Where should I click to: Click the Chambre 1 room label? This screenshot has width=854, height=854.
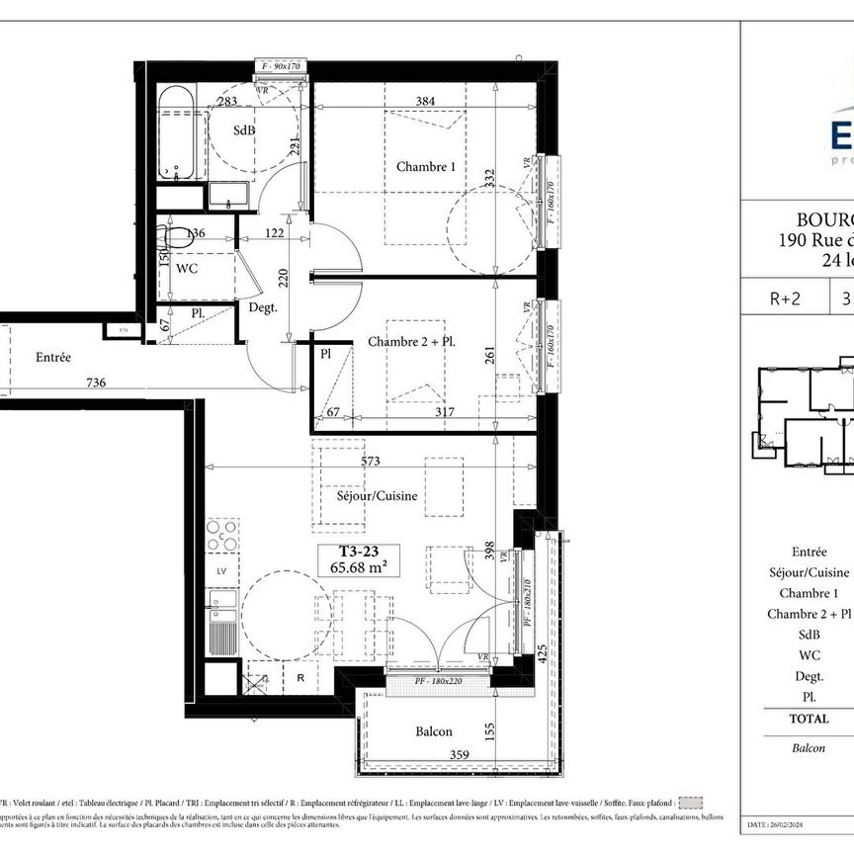[426, 167]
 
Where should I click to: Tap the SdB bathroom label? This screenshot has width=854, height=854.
[242, 130]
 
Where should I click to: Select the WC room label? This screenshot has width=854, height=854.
[188, 268]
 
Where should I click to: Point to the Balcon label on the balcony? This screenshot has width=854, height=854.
[434, 731]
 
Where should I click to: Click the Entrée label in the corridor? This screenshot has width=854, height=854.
[53, 358]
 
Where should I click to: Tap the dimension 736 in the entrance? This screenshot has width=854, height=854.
[95, 383]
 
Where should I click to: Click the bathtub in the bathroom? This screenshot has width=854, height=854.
[178, 131]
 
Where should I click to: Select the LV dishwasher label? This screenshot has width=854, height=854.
[220, 571]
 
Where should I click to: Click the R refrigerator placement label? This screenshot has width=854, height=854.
[299, 679]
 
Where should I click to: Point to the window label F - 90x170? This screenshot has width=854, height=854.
[283, 66]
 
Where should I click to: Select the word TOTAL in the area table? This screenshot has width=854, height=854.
[809, 719]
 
